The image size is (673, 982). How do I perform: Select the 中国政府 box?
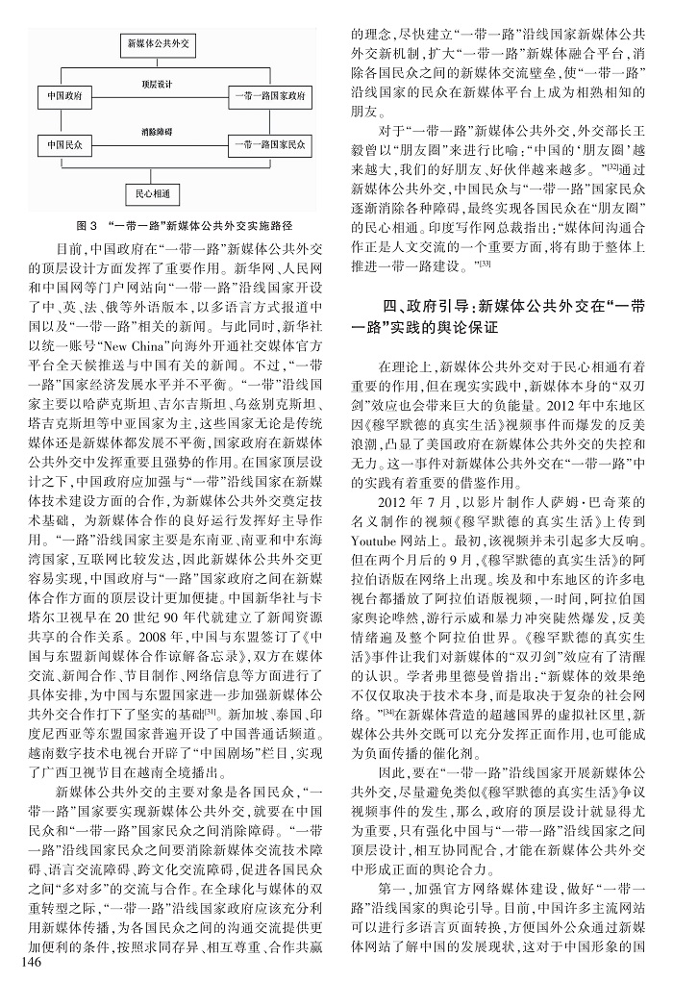[x=64, y=97]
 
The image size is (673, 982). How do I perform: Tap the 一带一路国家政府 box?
[x=270, y=97]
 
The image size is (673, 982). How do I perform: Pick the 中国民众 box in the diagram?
[x=64, y=145]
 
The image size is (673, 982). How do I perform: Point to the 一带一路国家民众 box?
[x=270, y=145]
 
